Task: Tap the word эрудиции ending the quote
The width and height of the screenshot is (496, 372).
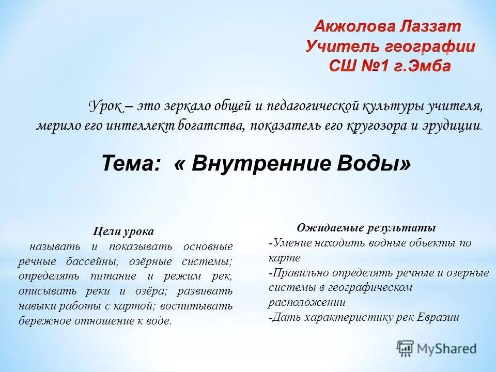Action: tap(455, 126)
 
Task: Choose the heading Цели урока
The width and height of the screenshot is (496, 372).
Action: tap(123, 231)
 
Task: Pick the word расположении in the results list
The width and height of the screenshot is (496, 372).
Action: tap(307, 302)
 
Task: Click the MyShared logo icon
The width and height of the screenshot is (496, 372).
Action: tap(405, 348)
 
